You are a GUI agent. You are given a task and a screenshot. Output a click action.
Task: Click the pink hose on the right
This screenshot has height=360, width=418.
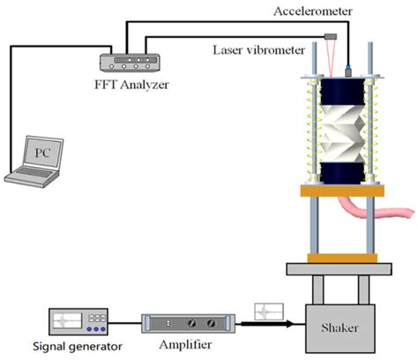[x=387, y=212]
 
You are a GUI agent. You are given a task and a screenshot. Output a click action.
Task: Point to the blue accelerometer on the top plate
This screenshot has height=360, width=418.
[x=350, y=66]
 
